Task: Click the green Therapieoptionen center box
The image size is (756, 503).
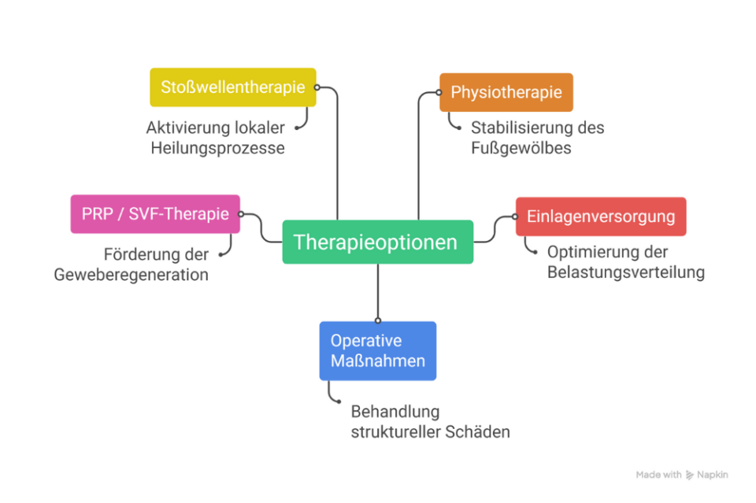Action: tap(377, 242)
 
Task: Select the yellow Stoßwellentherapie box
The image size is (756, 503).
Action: tap(232, 87)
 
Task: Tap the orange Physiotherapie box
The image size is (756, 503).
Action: tap(506, 92)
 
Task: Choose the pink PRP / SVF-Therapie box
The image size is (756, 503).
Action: tap(155, 214)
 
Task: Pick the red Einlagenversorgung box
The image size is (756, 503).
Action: tap(600, 216)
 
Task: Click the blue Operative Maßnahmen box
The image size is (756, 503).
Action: tap(377, 351)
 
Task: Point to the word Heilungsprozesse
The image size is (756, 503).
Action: tap(217, 147)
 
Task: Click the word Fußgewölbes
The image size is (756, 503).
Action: tap(521, 147)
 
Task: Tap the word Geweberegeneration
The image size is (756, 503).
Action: tap(132, 275)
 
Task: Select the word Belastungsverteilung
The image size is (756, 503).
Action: tap(626, 272)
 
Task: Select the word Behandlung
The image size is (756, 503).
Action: tap(395, 411)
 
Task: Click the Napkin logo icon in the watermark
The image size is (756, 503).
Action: tap(691, 475)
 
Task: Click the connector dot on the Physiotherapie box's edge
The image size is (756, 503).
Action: tap(440, 92)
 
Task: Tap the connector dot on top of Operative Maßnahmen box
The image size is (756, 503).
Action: tap(378, 320)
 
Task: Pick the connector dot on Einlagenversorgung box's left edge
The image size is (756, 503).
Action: tap(516, 216)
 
